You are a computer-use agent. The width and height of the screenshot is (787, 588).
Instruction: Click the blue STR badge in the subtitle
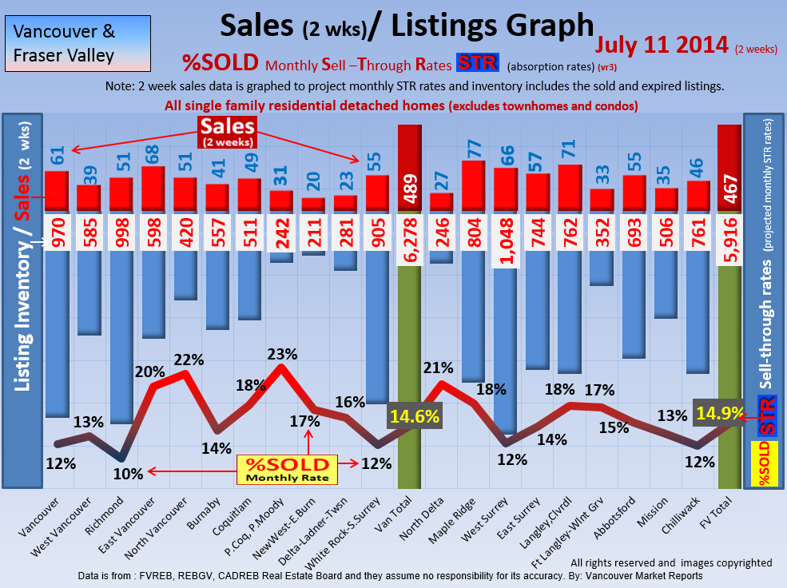476,62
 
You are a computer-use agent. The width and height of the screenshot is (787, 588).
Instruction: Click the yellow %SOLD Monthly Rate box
287,469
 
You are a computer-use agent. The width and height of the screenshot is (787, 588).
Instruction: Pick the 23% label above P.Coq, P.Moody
281,354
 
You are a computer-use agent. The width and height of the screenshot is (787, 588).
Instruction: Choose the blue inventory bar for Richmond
121,336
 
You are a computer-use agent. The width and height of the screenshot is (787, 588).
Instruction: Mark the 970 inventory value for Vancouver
57,232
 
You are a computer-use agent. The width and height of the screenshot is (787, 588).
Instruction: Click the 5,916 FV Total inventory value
729,232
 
